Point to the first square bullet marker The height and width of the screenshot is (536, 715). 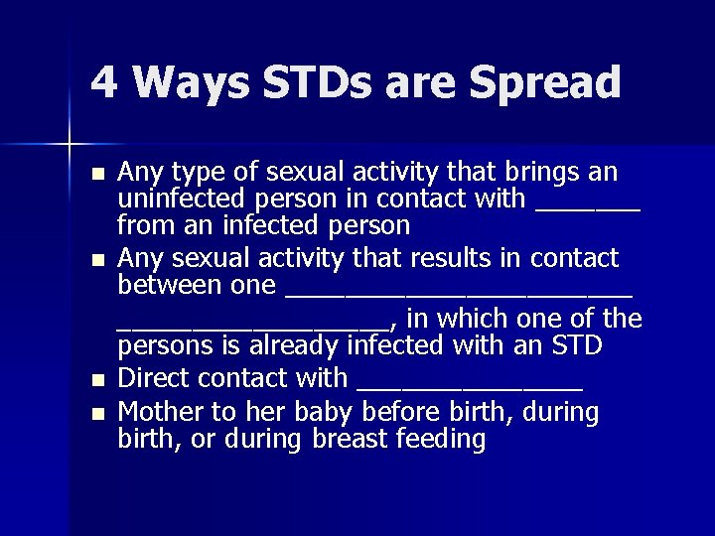(x=96, y=174)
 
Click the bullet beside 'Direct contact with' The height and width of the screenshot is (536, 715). (x=96, y=380)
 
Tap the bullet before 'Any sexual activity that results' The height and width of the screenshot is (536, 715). (x=96, y=261)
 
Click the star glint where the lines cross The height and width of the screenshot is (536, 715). (x=71, y=145)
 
